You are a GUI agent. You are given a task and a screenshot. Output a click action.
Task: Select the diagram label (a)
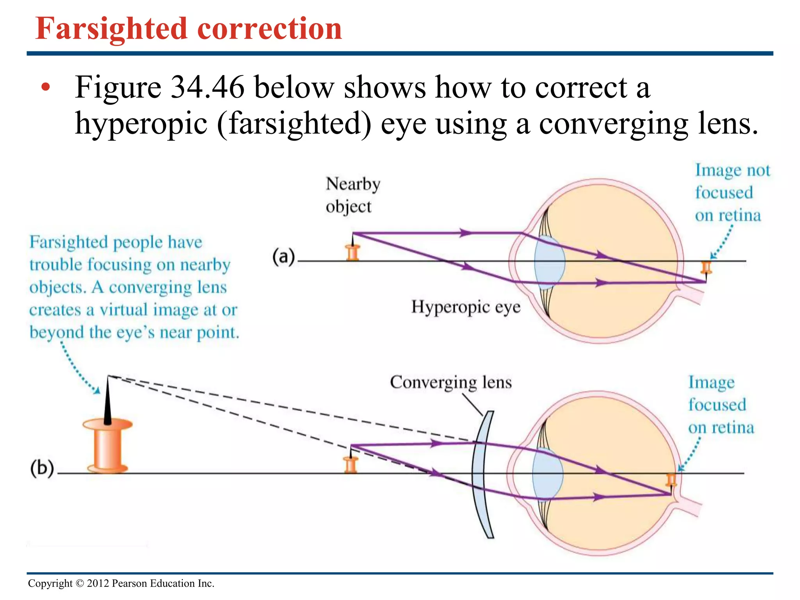pos(283,257)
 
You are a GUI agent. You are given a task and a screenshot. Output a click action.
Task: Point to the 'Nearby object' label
pos(352,195)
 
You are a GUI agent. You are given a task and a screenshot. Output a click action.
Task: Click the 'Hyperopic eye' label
pos(466,307)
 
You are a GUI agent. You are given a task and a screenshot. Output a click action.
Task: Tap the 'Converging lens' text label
pos(450,382)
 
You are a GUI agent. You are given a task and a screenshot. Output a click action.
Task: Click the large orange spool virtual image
pos(107,445)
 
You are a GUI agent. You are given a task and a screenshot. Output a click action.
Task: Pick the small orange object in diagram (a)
pos(353,252)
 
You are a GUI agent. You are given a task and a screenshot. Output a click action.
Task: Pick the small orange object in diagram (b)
pos(351,465)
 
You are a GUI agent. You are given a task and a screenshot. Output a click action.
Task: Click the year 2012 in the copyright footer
pos(98,584)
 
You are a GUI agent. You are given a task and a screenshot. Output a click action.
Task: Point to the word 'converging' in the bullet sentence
pos(613,124)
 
